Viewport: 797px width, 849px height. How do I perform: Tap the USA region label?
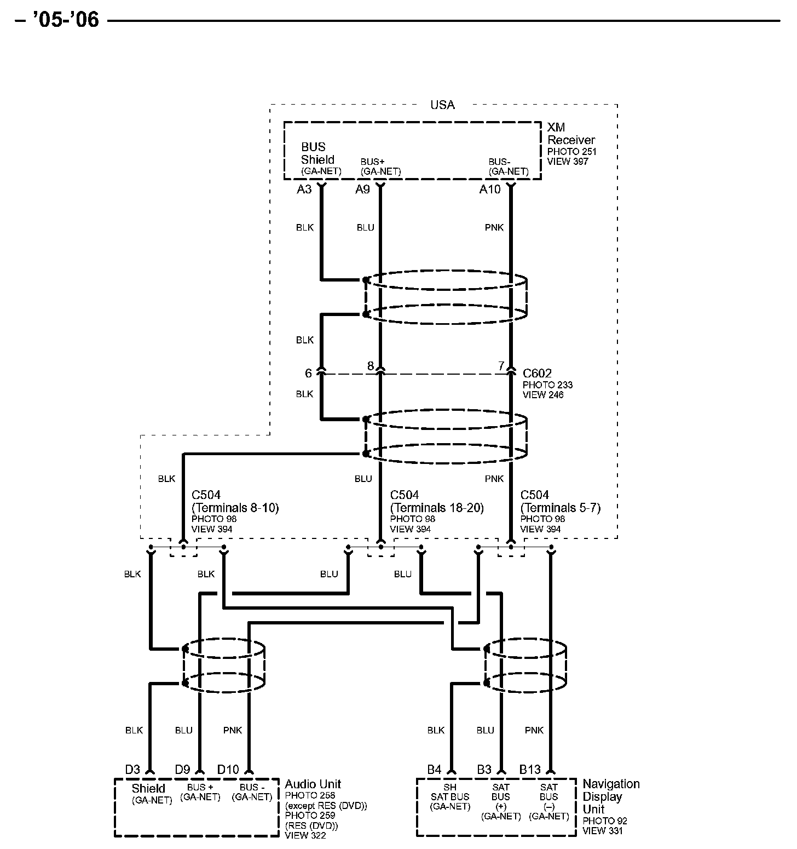click(442, 105)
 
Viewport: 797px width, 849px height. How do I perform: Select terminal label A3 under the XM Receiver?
click(304, 190)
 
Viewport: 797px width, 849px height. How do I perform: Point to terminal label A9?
click(362, 190)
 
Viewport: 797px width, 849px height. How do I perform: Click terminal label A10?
click(490, 190)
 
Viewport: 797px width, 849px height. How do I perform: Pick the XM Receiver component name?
click(570, 134)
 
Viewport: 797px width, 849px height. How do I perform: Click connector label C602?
click(537, 374)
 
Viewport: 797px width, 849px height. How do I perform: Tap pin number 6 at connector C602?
click(308, 373)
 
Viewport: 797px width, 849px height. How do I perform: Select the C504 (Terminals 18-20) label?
click(436, 502)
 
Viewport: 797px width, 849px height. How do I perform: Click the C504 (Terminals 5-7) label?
click(560, 502)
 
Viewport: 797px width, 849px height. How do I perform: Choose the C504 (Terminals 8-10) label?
click(235, 502)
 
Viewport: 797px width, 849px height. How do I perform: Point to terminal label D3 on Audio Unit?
click(132, 770)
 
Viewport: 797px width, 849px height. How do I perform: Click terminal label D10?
click(228, 770)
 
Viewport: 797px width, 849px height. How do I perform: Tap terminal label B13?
click(530, 770)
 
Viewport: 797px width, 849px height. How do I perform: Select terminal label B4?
click(434, 770)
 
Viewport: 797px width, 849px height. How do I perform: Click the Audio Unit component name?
click(313, 784)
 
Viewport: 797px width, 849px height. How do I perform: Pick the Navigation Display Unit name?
click(610, 796)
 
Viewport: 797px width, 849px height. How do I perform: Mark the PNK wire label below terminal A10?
click(494, 227)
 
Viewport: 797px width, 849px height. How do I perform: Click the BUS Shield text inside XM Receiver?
click(317, 153)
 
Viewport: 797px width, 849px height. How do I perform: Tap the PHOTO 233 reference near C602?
click(547, 385)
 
